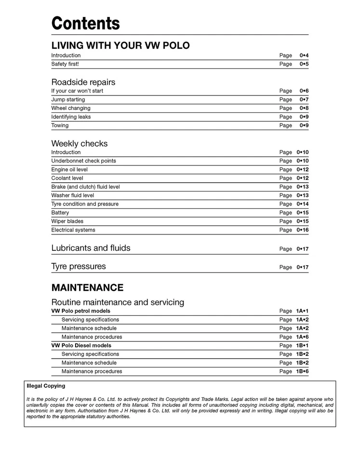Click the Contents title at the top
85,23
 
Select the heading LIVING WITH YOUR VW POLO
120,46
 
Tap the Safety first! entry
65,64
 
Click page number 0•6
304,91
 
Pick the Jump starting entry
68,100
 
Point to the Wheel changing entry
71,109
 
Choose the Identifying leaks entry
71,117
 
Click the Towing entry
60,126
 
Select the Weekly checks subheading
80,144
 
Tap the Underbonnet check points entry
83,161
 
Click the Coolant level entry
67,178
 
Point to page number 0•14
303,204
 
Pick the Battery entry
60,213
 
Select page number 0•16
303,231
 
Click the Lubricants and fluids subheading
91,248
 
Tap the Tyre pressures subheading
79,267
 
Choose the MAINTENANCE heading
87,288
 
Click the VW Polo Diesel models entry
81,346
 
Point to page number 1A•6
302,337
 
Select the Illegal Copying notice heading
46,386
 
